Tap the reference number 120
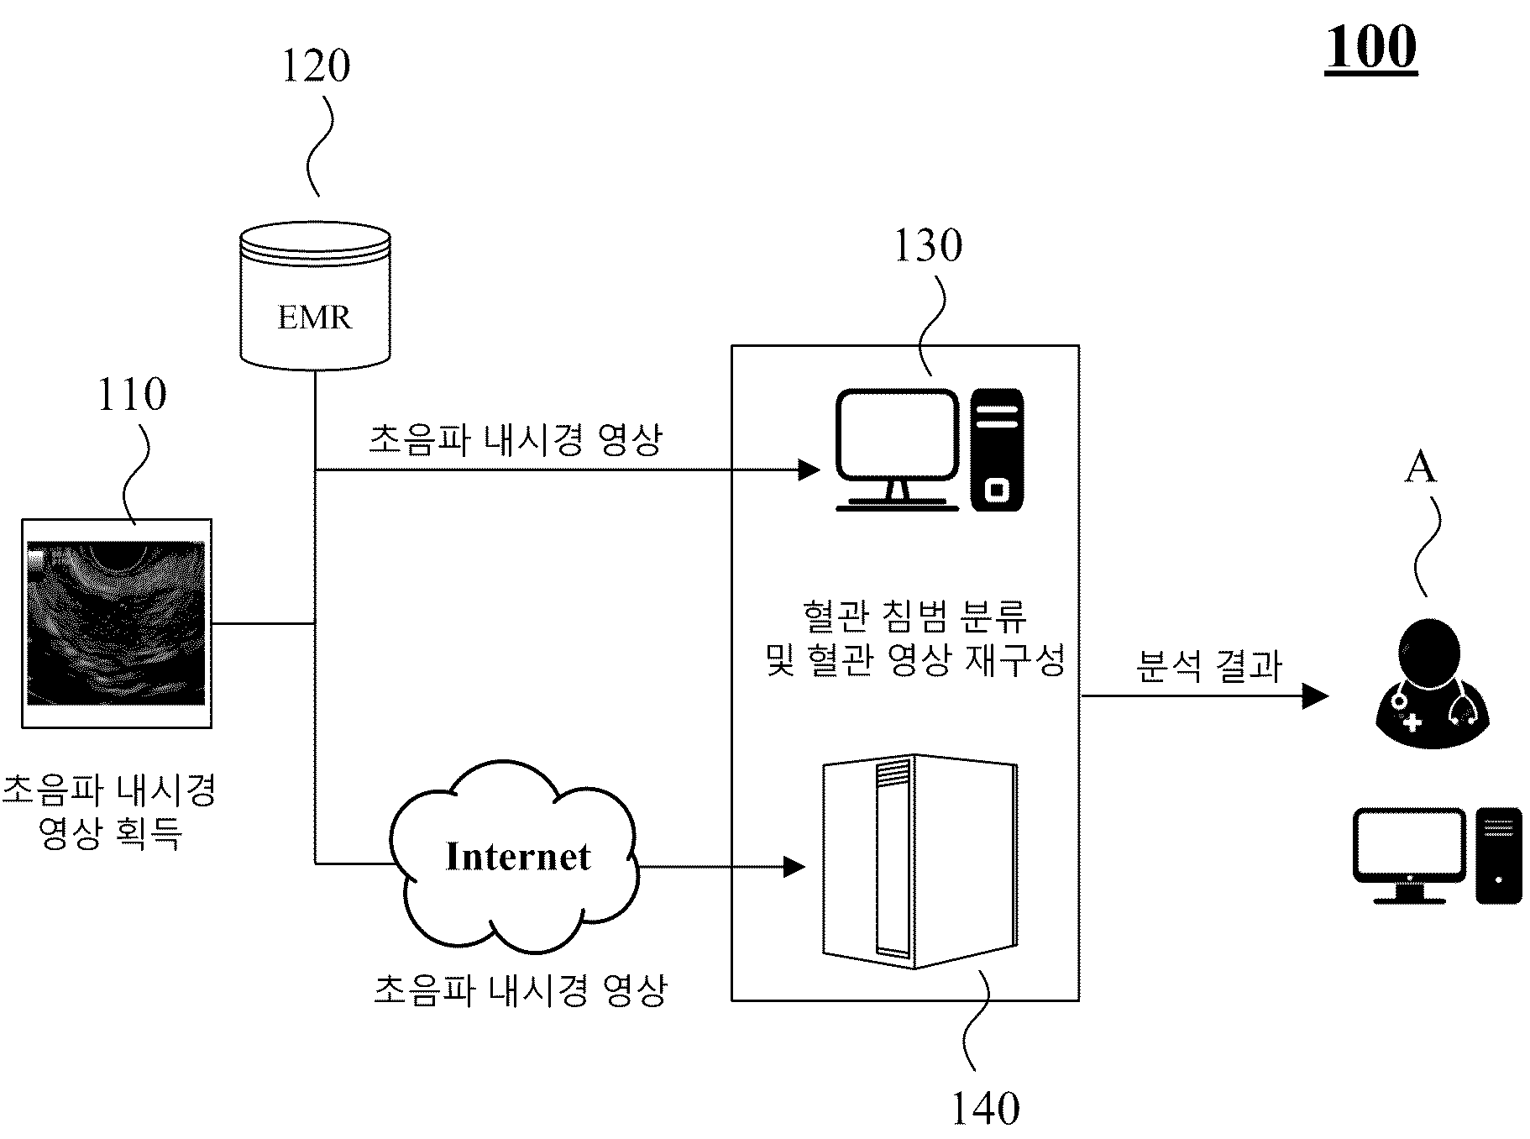(x=315, y=66)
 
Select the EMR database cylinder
(x=315, y=296)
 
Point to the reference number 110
(x=132, y=394)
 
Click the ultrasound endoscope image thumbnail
(x=117, y=623)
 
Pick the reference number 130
(x=927, y=245)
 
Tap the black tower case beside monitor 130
(x=997, y=449)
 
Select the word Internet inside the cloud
(x=518, y=857)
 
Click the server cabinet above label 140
(x=920, y=860)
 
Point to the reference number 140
(x=985, y=1109)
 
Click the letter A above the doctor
(x=1420, y=467)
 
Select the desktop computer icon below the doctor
(x=1437, y=855)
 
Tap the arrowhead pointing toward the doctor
(x=1316, y=695)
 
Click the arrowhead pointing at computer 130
(x=809, y=470)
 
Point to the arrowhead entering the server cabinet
(x=794, y=867)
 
